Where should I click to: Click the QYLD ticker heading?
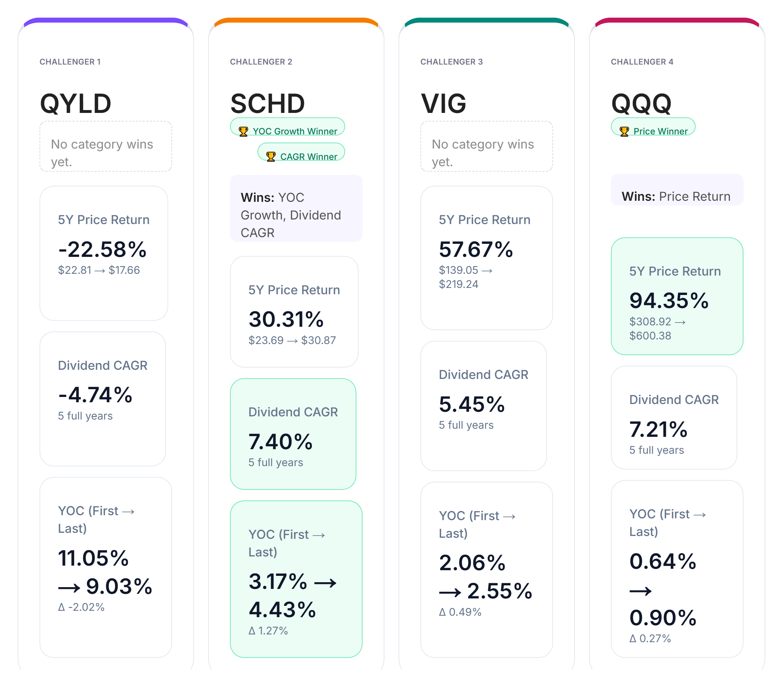coord(75,103)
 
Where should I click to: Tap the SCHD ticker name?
coord(267,103)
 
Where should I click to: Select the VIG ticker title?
coord(443,103)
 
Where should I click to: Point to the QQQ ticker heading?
coord(641,103)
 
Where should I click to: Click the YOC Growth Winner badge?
coord(287,131)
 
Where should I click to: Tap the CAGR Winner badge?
coord(301,156)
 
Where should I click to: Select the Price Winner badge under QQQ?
coord(653,131)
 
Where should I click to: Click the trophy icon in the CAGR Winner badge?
coord(271,156)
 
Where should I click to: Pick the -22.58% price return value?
coord(102,249)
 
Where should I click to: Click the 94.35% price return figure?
coord(669,300)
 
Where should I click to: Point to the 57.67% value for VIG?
coord(476,249)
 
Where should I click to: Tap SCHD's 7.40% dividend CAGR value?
coord(280,441)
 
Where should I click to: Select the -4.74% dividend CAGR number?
coord(95,394)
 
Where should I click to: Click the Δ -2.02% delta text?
coord(81,607)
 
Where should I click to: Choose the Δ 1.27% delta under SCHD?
coord(268,631)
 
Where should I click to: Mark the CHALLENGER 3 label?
coord(451,62)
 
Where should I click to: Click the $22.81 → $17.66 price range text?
coord(99,270)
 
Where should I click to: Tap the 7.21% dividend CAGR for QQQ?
coord(658,429)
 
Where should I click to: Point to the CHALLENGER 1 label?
coord(70,62)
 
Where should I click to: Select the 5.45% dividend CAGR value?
coord(472,404)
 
